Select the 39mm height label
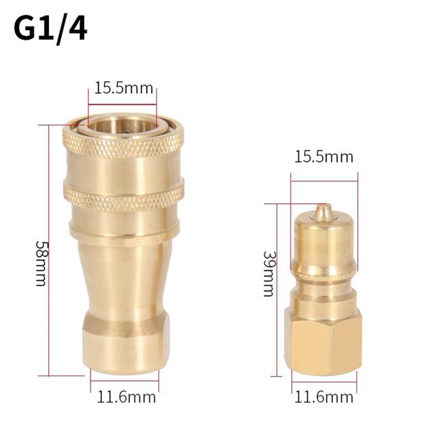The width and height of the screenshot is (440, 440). (x=268, y=274)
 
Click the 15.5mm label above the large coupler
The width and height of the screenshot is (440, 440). (x=123, y=89)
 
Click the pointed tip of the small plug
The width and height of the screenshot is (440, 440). (x=324, y=211)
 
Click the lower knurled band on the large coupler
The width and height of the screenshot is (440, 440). (x=123, y=196)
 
